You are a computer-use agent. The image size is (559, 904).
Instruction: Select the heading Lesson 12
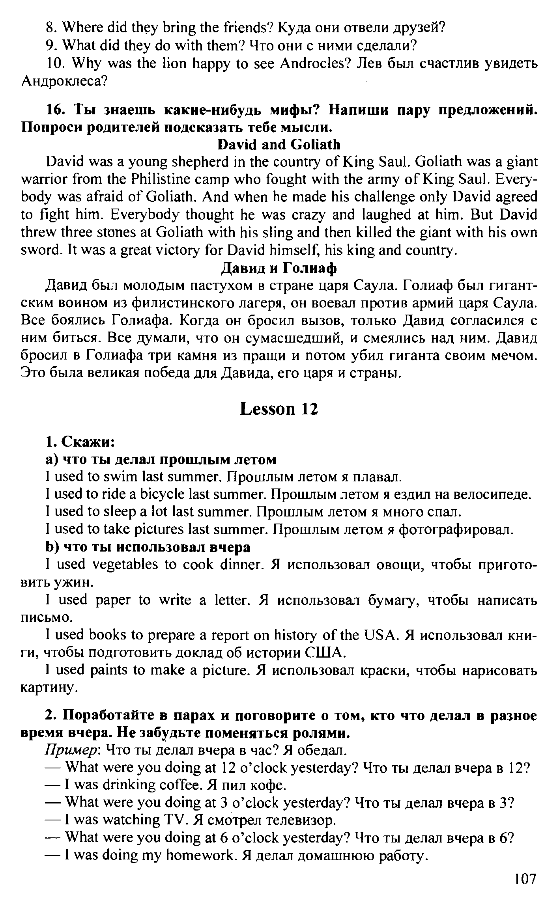pyautogui.click(x=279, y=409)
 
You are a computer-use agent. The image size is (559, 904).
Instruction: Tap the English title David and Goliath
pyautogui.click(x=279, y=145)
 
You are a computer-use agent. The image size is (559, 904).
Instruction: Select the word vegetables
pyautogui.click(x=125, y=565)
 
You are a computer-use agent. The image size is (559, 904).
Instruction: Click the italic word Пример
pyautogui.click(x=74, y=750)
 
